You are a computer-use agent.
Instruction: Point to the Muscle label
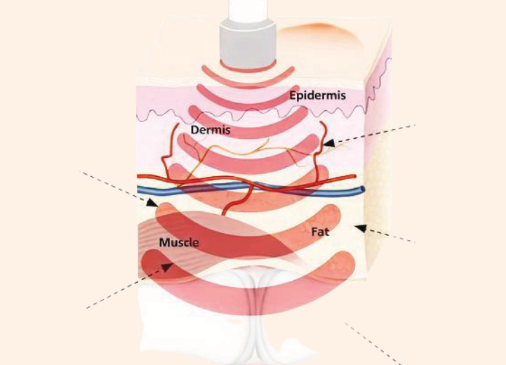click(x=179, y=243)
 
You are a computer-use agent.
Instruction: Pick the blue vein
click(x=211, y=188)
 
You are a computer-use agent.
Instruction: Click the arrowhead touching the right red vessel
click(x=328, y=143)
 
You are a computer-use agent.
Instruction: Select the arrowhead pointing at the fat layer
click(x=360, y=227)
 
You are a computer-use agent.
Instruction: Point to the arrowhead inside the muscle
click(x=168, y=265)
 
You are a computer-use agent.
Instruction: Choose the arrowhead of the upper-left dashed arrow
click(x=152, y=203)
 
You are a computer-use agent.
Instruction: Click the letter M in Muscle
click(x=164, y=243)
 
